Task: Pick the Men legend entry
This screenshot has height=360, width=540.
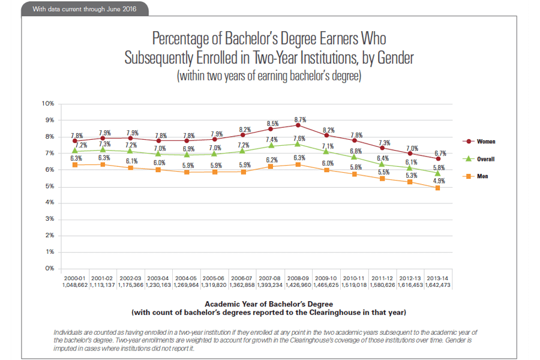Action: point(482,176)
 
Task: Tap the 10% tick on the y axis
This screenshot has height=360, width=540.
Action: point(49,104)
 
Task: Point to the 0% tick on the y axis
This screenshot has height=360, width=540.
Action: point(50,268)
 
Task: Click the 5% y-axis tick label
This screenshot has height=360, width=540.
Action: point(50,186)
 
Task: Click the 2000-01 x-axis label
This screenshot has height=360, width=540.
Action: point(75,279)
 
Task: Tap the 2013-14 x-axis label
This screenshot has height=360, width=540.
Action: point(438,279)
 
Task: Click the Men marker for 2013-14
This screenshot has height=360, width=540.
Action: point(438,188)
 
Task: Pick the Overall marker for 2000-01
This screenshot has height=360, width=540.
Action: point(75,150)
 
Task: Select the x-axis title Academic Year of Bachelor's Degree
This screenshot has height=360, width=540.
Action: point(269,304)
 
